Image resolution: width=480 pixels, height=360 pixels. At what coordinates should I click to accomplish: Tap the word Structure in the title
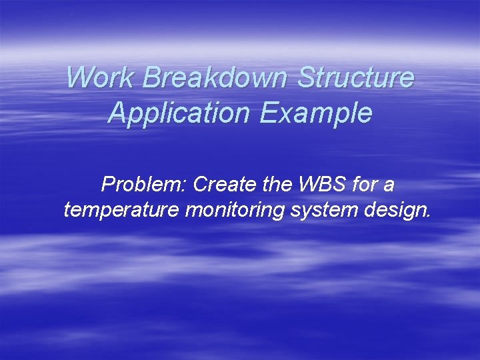click(x=356, y=77)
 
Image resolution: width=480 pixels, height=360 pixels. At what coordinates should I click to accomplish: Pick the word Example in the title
click(x=317, y=113)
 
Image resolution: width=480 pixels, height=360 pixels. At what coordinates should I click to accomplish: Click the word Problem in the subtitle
click(x=142, y=184)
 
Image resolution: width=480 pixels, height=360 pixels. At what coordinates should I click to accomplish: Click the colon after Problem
click(x=185, y=186)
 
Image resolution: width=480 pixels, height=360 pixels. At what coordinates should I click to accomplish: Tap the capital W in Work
click(x=79, y=77)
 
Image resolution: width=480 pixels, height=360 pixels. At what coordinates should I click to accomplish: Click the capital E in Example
click(x=269, y=113)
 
